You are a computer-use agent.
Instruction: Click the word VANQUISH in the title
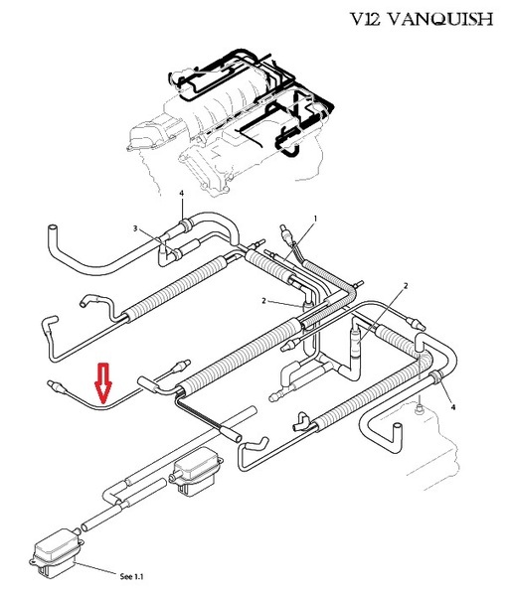pyautogui.click(x=442, y=19)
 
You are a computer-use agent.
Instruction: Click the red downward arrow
pyautogui.click(x=103, y=382)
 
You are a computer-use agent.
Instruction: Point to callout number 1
pyautogui.click(x=315, y=219)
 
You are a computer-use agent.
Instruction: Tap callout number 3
pyautogui.click(x=135, y=228)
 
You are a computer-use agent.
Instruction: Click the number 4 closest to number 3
pyautogui.click(x=182, y=194)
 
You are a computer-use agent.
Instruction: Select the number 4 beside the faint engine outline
pyautogui.click(x=452, y=407)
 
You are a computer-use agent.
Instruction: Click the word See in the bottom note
pyautogui.click(x=126, y=576)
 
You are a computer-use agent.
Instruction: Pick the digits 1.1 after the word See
pyautogui.click(x=138, y=576)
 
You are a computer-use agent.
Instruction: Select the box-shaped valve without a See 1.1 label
pyautogui.click(x=196, y=472)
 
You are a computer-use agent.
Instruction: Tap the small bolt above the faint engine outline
pyautogui.click(x=420, y=409)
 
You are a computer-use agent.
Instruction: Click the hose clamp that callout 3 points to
pyautogui.click(x=176, y=254)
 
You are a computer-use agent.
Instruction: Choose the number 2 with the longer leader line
pyautogui.click(x=406, y=286)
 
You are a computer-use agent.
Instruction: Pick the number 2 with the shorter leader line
pyautogui.click(x=264, y=301)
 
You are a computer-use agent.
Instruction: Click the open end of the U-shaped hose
pyautogui.click(x=397, y=426)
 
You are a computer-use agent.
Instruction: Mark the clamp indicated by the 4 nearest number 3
pyautogui.click(x=185, y=224)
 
